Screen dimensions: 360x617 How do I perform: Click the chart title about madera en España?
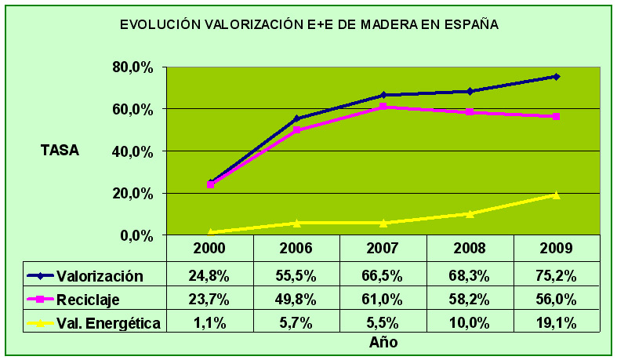309,25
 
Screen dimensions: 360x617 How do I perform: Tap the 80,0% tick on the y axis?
132,67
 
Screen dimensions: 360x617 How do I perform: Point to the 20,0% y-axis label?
132,193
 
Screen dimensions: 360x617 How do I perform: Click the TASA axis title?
60,151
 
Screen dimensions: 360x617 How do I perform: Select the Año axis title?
383,342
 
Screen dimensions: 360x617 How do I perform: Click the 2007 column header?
383,249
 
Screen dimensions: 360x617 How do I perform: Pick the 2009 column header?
556,249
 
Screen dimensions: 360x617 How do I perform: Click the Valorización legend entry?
100,276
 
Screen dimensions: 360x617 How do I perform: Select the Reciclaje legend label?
89,299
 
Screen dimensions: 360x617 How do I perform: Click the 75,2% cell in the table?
556,276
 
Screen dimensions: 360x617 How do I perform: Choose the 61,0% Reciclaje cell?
383,299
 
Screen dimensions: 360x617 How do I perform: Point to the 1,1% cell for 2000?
210,322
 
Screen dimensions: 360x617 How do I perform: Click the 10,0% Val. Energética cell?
470,322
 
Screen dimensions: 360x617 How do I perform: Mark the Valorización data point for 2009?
556,76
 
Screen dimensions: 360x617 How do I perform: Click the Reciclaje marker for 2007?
383,107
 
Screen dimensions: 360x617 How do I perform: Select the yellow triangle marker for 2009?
556,195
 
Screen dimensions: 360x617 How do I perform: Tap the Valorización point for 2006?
296,118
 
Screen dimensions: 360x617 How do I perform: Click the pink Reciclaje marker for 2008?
470,112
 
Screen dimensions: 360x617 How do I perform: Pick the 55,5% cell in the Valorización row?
296,276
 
